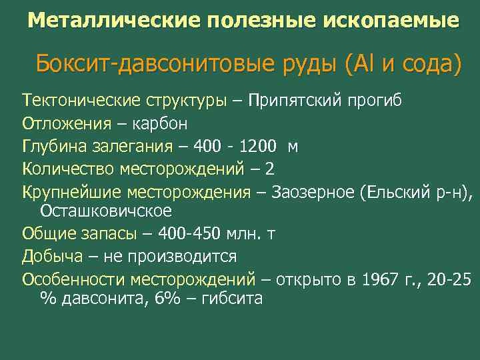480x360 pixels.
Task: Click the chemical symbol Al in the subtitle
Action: tap(364, 65)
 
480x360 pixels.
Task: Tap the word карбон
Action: tap(151, 123)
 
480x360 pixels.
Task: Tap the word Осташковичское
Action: tap(106, 211)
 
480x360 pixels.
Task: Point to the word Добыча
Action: tap(53, 256)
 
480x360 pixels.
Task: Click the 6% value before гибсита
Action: tap(167, 298)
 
